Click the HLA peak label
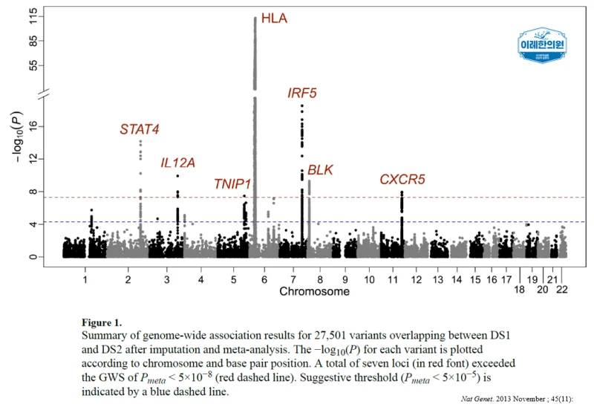pos(274,18)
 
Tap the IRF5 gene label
pos(302,93)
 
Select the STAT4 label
pos(140,129)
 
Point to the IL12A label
pos(177,163)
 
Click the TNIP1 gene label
pos(232,183)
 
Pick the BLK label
pos(320,170)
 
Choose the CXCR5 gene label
pos(402,179)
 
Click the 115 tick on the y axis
pos(33,16)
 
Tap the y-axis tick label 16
pos(33,126)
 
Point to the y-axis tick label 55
pos(33,65)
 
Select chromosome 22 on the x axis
pos(562,290)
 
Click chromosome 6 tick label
pos(264,280)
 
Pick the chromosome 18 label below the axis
pos(519,290)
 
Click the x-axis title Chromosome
pos(314,291)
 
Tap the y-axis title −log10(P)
pos(17,137)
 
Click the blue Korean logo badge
pos(542,45)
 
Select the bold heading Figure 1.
pos(102,323)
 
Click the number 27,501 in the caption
pos(330,336)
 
